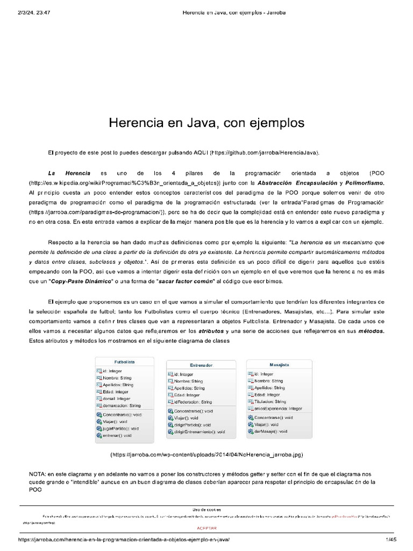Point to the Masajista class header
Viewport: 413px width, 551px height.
pos(279,364)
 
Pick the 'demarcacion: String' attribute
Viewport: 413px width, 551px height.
pos(121,406)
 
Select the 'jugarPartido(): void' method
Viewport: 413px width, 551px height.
pos(120,428)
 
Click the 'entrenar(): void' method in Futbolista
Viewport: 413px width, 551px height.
pos(117,435)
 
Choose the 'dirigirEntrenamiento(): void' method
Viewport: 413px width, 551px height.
pos(199,432)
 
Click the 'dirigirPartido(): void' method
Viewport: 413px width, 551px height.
pos(193,425)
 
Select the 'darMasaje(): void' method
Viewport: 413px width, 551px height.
pos(270,432)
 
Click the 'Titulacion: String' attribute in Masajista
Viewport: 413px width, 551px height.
pos(270,401)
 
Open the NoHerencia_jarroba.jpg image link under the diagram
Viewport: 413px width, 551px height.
pos(206,455)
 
